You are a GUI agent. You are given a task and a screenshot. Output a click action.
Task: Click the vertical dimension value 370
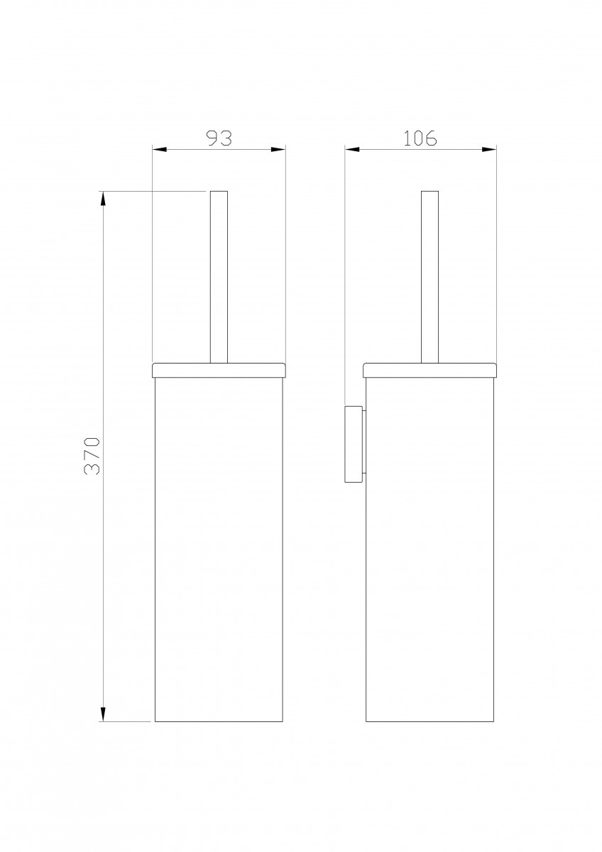click(92, 456)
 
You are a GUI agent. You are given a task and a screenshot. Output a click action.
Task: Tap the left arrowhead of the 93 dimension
click(160, 150)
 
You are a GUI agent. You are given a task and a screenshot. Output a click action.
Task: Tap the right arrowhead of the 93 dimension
click(278, 150)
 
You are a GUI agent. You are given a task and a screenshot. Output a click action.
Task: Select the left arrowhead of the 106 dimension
click(352, 150)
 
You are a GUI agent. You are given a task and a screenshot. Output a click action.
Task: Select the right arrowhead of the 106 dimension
click(489, 150)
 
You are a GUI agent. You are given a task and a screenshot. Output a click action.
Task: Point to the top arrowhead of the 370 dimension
click(103, 199)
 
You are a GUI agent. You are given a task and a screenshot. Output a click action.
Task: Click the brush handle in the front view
click(219, 277)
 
